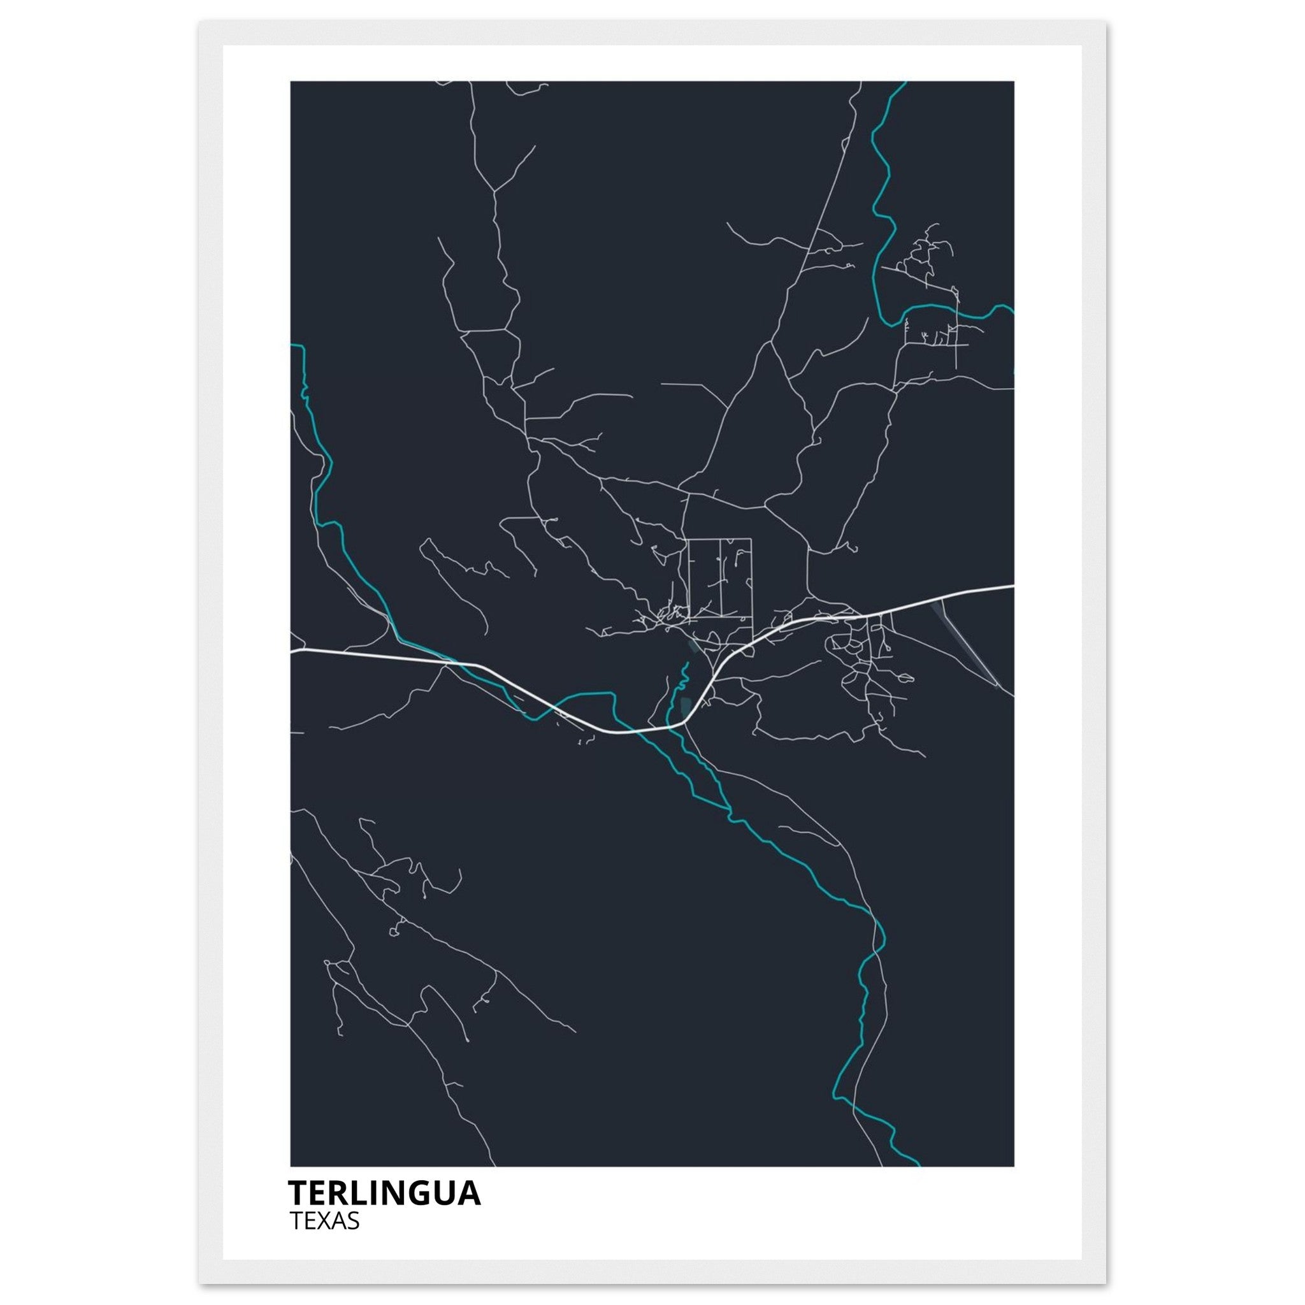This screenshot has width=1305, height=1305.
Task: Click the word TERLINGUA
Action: [384, 1194]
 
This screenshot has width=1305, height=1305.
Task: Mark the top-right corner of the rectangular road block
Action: [751, 539]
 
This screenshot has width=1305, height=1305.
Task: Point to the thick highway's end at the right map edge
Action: [1012, 586]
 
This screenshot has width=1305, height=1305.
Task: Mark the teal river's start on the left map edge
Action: [292, 345]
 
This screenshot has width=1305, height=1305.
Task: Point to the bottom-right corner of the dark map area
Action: [1013, 1165]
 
